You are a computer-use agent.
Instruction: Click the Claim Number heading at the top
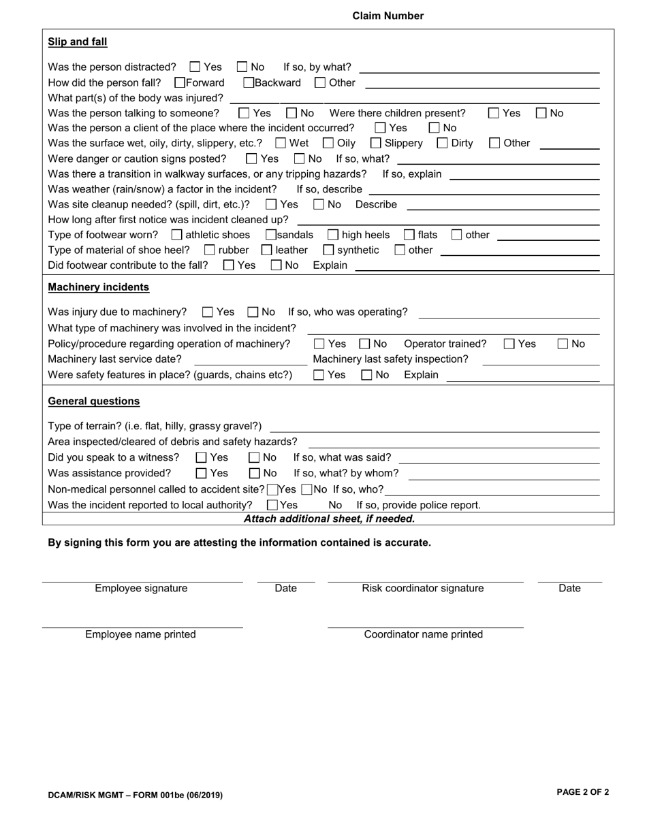pos(388,16)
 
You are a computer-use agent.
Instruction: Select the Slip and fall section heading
pos(77,42)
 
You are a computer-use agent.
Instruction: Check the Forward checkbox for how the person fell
pos(180,83)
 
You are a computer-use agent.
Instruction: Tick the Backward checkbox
pos(249,83)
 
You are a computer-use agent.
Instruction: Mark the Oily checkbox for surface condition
pos(328,143)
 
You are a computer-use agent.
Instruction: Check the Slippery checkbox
pos(376,143)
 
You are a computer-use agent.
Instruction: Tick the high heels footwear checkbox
pos(333,235)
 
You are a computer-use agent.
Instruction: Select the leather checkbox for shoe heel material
pos(267,250)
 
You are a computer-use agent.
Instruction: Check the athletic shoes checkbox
pos(177,235)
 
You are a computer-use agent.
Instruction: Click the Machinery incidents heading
pos(98,287)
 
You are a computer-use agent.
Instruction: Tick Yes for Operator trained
pos(509,344)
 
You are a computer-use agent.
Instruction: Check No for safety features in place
pos(367,375)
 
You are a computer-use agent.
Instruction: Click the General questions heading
pos(93,401)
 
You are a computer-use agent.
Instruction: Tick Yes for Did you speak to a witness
pos(202,458)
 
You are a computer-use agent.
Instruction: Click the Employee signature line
pos(142,580)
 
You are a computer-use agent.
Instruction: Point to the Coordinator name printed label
pos(423,634)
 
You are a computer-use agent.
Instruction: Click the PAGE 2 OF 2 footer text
pos(582,792)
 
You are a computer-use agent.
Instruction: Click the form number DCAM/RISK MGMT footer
pos(135,795)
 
